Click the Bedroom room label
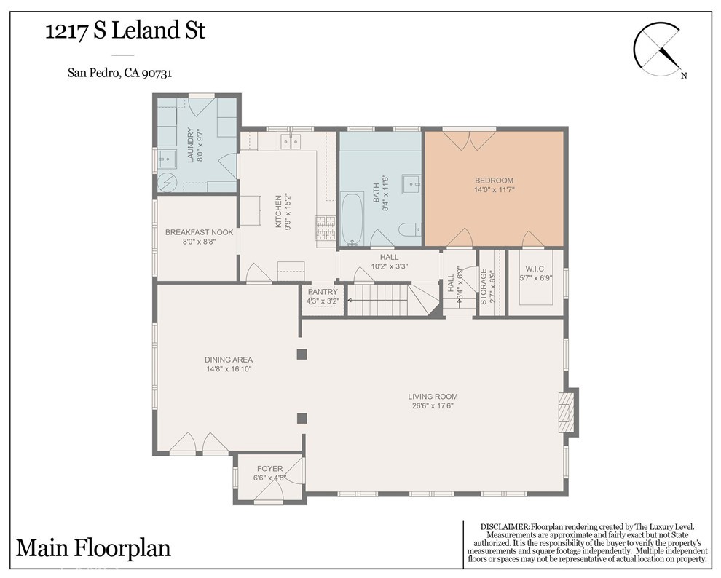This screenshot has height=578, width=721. click(x=494, y=181)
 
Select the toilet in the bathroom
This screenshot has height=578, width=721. click(x=410, y=229)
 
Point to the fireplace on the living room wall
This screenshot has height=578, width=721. click(x=567, y=412)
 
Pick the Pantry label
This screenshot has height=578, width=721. click(x=323, y=292)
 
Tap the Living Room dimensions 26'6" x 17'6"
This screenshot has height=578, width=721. click(x=433, y=405)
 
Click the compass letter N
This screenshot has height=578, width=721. click(x=684, y=76)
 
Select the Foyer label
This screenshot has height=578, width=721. click(x=270, y=469)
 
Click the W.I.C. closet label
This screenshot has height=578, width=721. click(x=536, y=269)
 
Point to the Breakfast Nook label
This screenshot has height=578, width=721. click(x=199, y=232)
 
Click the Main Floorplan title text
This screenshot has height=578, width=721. click(x=93, y=548)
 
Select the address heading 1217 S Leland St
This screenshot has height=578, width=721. click(x=125, y=31)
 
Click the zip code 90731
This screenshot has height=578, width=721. click(x=157, y=73)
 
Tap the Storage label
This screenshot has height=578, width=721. click(x=484, y=287)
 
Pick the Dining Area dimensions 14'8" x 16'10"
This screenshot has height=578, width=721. click(x=229, y=369)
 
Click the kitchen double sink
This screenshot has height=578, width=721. click(x=291, y=142)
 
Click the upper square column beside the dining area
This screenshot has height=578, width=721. click(x=302, y=354)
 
